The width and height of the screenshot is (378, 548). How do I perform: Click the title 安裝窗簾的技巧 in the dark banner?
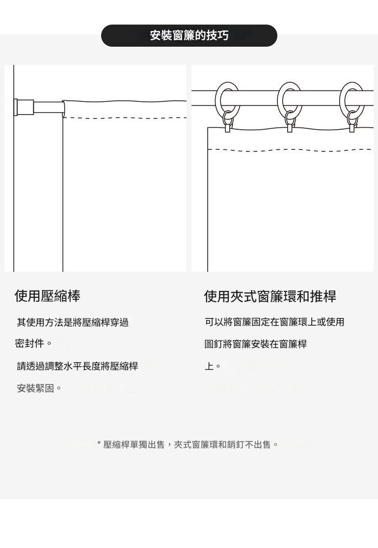189,35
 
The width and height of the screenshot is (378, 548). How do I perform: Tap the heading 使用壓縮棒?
47,296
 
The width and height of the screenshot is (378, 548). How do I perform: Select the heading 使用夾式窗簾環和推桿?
270,296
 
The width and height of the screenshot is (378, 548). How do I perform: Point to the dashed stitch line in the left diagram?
125,118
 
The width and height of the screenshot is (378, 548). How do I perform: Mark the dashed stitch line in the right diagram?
290,149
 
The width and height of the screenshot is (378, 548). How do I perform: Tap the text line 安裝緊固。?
39,388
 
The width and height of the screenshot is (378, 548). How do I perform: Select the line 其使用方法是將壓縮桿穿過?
73,322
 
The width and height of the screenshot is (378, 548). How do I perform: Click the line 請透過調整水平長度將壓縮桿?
78,366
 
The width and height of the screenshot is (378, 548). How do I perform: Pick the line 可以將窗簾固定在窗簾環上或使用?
274,322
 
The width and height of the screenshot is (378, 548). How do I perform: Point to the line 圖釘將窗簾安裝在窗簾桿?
256,344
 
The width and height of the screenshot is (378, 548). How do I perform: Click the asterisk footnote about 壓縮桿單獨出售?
188,445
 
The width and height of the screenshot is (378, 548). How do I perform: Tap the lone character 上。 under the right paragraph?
213,366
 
